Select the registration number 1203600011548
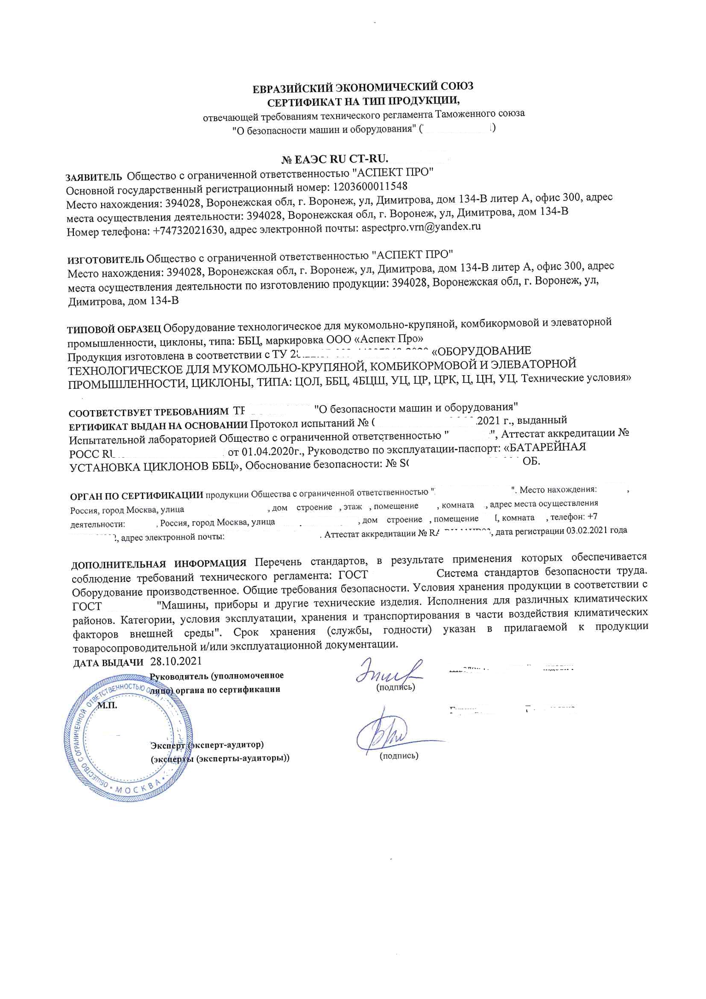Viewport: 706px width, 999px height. coord(370,187)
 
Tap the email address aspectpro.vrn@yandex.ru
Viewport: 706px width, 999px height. coord(421,227)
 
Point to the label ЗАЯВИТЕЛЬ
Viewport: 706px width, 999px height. coord(94,177)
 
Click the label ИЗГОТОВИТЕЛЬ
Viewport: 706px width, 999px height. coord(105,260)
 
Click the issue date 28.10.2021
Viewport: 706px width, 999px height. coord(176,661)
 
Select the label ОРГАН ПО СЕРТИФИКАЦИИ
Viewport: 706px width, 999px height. coord(136,496)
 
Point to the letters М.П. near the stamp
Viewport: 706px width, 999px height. coord(107,705)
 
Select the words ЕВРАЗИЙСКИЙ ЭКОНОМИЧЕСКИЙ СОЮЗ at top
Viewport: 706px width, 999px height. coord(363,88)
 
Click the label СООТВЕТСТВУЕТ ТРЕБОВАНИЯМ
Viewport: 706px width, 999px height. coord(148,412)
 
